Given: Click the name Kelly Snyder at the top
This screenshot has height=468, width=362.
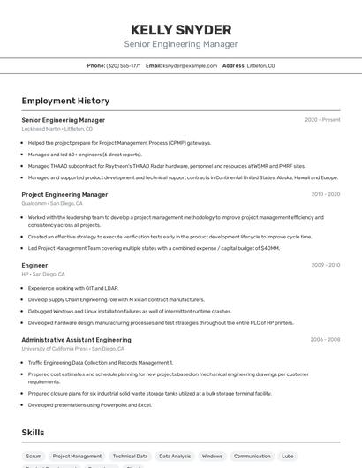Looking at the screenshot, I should point(180,29).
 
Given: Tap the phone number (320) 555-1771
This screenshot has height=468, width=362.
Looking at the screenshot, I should point(123,65).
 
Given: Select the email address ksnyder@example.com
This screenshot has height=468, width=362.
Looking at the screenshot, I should point(189,65).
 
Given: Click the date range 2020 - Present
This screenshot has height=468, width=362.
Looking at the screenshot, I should point(322,120).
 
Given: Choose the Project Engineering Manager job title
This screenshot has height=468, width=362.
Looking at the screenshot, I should point(64,194).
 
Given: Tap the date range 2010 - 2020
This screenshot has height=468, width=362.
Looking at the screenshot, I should point(325,194).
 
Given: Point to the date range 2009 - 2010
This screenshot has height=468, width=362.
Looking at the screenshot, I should point(325,265).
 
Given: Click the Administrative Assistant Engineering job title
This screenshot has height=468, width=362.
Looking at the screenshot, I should point(76,339).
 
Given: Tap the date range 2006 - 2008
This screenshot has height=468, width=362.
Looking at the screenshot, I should point(325,339).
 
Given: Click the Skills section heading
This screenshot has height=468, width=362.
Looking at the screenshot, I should point(34,432).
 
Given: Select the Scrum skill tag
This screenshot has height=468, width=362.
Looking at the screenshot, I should point(34,457).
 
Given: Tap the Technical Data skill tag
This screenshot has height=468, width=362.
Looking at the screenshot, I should point(130,457).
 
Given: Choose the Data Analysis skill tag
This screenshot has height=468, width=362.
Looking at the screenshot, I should point(175,457).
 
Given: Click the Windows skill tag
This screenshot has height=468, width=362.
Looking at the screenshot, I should point(212,457).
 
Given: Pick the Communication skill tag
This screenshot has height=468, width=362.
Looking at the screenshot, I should point(252,457).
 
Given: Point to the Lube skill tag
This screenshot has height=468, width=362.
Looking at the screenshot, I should point(288,457).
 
